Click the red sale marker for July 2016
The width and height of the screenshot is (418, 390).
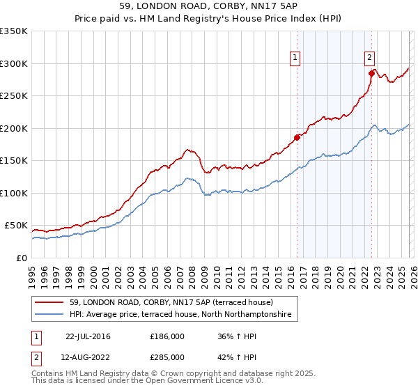click(297, 137)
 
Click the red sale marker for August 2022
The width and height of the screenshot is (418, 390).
click(371, 72)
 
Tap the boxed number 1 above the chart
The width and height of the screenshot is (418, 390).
click(295, 58)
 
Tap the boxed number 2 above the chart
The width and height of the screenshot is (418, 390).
click(369, 58)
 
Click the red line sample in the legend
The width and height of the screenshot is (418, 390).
click(49, 302)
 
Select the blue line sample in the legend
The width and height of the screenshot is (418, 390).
click(49, 315)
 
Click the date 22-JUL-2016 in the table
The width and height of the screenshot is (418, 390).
click(88, 336)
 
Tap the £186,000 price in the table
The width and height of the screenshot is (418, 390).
click(167, 336)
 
